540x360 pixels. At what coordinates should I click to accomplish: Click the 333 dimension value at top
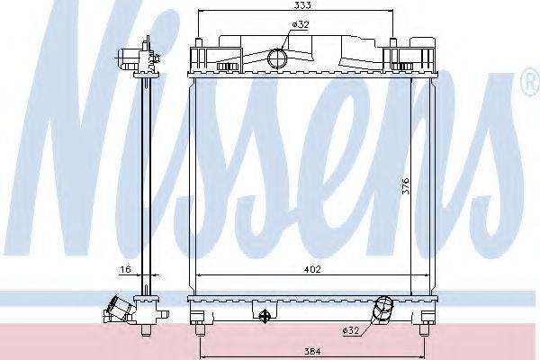point(303,5)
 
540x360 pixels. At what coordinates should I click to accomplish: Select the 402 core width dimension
point(312,269)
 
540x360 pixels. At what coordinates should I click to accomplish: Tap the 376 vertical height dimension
point(407,186)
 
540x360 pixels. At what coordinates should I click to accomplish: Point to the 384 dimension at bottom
point(312,352)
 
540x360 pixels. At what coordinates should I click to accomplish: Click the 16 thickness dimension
point(126,269)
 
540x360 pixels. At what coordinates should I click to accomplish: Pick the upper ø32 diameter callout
point(301,24)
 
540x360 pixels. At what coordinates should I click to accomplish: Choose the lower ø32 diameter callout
point(351,330)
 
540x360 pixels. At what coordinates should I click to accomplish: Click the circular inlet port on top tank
point(277,58)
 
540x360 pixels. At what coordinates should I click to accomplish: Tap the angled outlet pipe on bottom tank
point(383,310)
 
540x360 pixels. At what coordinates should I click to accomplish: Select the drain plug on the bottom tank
point(264,316)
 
